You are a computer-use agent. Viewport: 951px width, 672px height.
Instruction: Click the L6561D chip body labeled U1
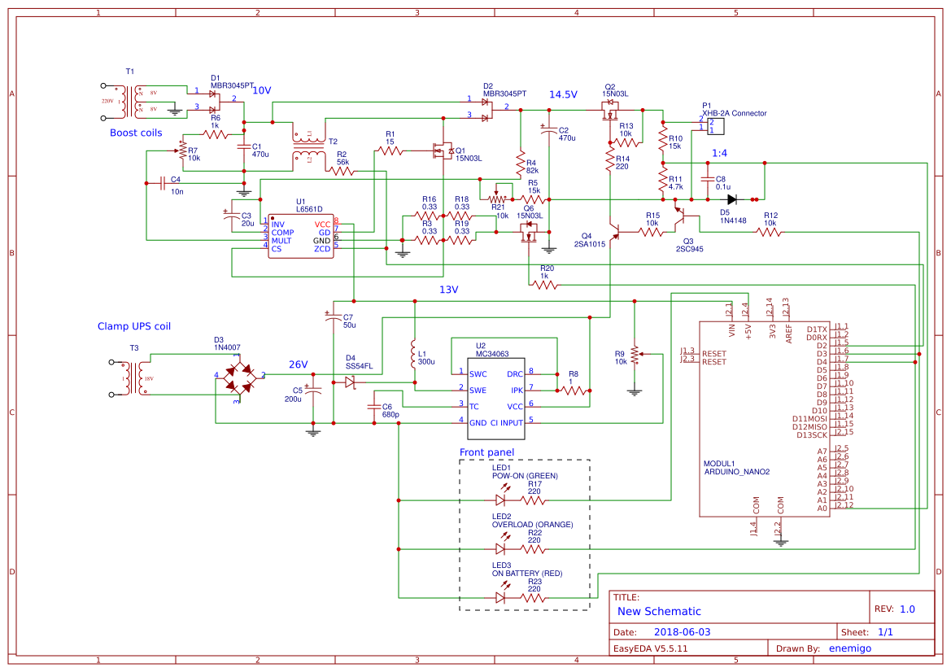(x=301, y=237)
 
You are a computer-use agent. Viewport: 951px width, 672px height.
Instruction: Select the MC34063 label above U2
(x=493, y=354)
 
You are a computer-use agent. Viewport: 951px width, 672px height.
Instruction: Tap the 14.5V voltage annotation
(x=563, y=94)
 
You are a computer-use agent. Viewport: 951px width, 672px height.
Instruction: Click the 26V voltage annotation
(x=298, y=364)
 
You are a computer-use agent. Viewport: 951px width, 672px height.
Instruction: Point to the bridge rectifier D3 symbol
(x=238, y=376)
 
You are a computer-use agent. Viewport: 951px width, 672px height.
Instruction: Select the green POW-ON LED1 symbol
(x=500, y=500)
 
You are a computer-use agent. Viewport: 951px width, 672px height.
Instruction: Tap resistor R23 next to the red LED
(x=534, y=597)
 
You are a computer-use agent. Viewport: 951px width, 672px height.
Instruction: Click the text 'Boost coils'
(x=136, y=133)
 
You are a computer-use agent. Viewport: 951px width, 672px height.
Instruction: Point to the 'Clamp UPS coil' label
(x=134, y=326)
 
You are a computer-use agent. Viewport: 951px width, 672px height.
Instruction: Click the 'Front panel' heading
(x=486, y=452)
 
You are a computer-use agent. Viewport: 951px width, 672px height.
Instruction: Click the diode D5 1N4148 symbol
(x=732, y=199)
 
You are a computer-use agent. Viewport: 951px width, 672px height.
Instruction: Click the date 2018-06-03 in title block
(x=683, y=631)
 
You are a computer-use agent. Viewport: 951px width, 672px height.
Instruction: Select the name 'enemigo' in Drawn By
(x=849, y=648)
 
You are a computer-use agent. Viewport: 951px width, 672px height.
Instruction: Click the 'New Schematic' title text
(x=659, y=611)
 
